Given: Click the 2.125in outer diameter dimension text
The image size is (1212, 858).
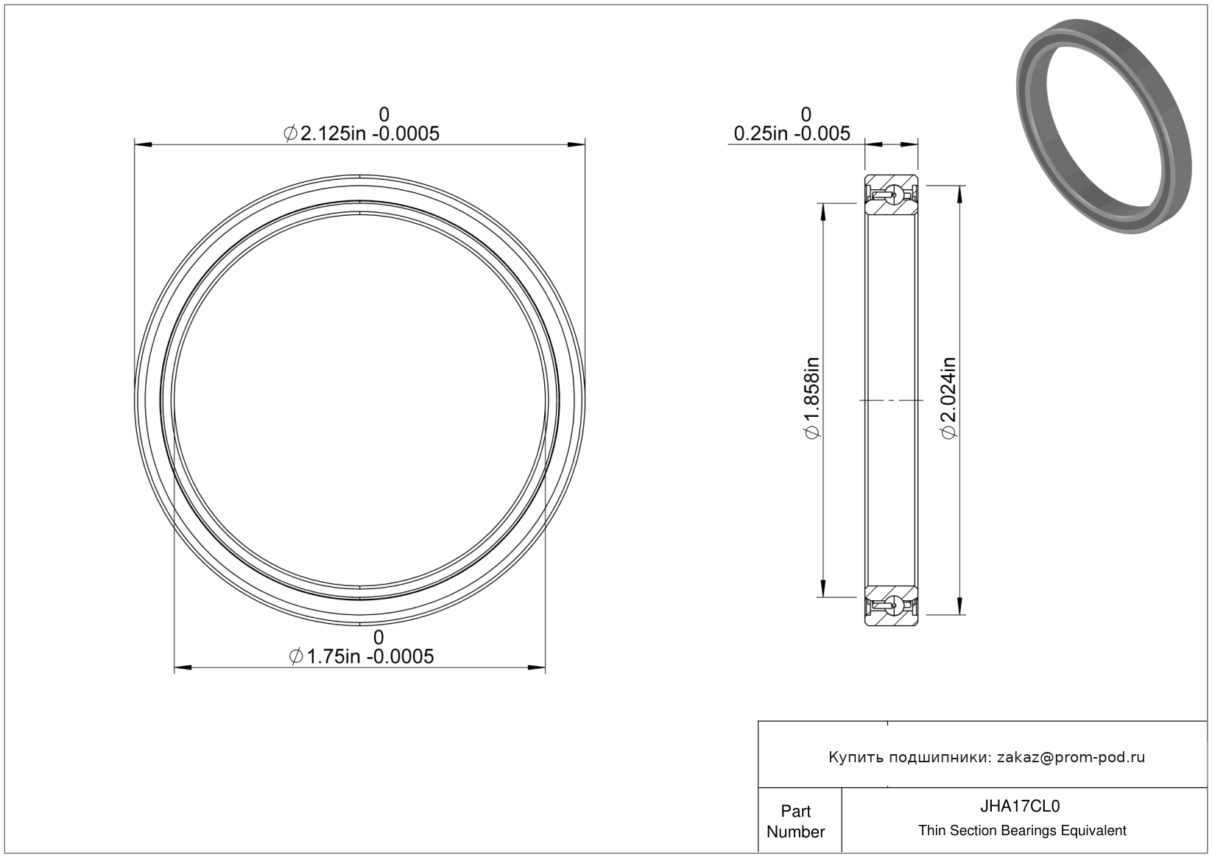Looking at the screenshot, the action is pyautogui.click(x=361, y=133).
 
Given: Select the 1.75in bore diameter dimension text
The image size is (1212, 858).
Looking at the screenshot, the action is pyautogui.click(x=361, y=657).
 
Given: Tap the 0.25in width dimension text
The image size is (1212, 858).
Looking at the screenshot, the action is pyautogui.click(x=792, y=133).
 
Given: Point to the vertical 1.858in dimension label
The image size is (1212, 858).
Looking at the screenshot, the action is pyautogui.click(x=812, y=398).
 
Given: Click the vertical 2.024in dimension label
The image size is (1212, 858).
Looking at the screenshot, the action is pyautogui.click(x=948, y=398).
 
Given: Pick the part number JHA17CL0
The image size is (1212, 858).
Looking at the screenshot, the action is pyautogui.click(x=1020, y=806).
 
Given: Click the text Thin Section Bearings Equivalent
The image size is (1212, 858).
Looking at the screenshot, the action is pyautogui.click(x=1022, y=831).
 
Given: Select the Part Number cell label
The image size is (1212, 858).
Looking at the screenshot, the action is pyautogui.click(x=795, y=821).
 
